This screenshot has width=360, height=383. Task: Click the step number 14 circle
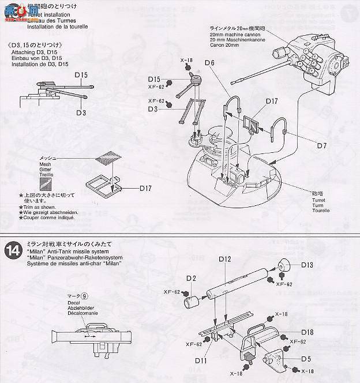[12, 252]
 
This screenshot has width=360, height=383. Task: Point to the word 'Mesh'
[45, 164]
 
